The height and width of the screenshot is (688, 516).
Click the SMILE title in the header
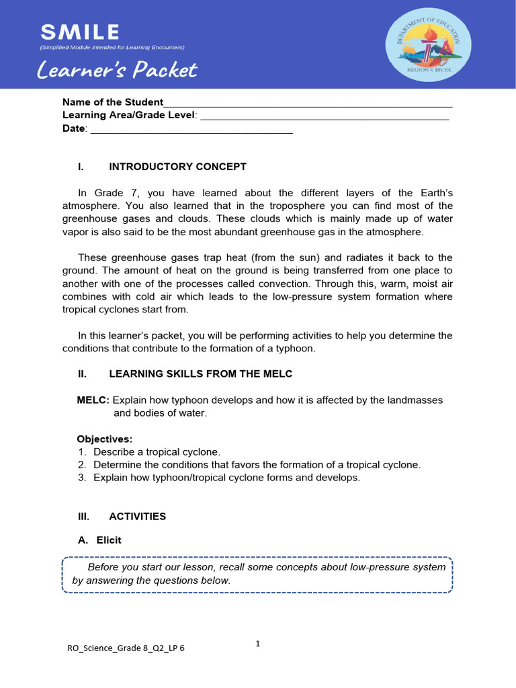80,32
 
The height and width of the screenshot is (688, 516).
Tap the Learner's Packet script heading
118,70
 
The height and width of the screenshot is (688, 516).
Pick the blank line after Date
191,130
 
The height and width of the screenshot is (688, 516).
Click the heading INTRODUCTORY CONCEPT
177,167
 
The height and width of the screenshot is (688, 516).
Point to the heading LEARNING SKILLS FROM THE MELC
200,374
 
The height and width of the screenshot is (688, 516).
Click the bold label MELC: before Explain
93,400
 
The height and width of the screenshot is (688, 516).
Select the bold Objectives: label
105,439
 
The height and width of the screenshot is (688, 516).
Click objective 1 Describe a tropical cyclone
157,452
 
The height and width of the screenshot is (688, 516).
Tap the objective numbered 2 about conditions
257,465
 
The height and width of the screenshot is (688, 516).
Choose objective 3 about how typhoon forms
226,478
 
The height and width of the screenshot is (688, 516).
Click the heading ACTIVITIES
137,517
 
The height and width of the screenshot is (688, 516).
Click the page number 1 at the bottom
257,644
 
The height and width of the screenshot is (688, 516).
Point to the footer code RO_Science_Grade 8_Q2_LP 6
126,648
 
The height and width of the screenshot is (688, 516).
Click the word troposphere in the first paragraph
312,206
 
